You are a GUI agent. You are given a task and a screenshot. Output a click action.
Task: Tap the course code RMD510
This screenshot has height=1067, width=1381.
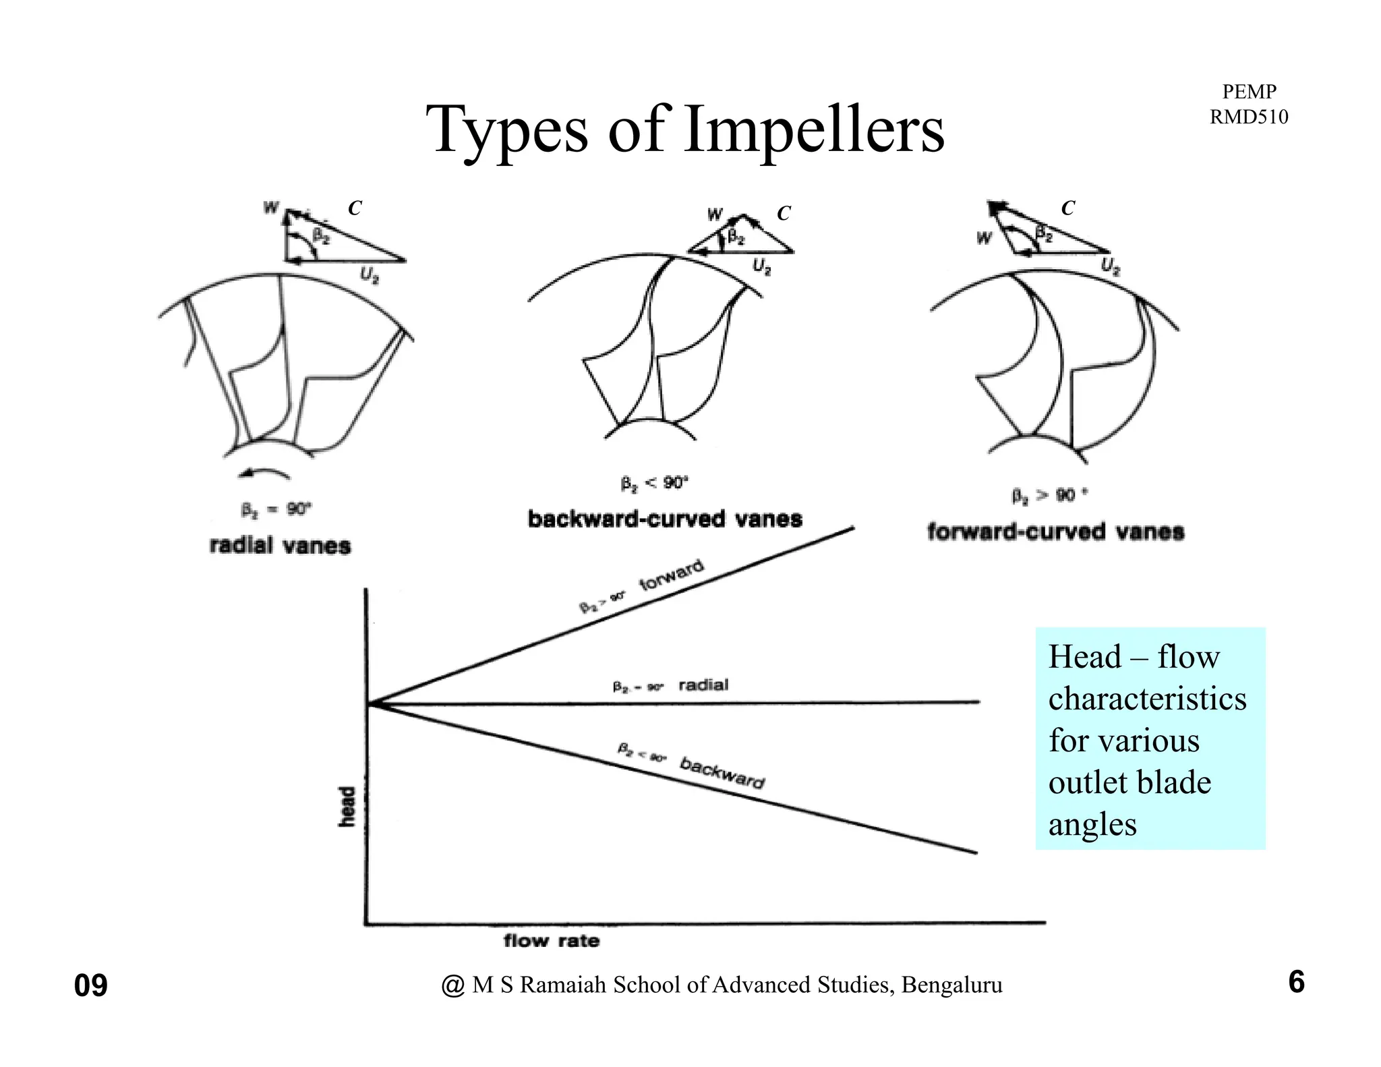[x=1248, y=117]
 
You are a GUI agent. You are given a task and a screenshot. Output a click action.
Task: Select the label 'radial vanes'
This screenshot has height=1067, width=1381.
[x=280, y=545]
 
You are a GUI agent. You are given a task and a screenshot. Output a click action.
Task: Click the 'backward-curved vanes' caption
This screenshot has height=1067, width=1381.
[x=665, y=519]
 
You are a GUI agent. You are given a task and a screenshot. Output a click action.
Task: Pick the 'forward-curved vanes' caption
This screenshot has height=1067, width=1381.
[x=1055, y=531]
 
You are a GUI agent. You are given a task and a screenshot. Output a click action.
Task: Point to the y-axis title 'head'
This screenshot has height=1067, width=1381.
[x=347, y=807]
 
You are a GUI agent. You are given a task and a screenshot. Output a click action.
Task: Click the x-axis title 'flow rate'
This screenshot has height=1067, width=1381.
[x=551, y=940]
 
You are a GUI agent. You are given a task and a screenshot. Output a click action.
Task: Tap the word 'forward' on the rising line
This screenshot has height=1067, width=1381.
[x=672, y=575]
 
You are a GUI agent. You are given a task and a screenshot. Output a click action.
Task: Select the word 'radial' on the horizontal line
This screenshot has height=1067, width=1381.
[x=703, y=685]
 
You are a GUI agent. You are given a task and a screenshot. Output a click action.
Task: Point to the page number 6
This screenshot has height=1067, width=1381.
[x=1296, y=982]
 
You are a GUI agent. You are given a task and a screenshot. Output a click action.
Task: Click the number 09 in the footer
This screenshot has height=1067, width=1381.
[x=90, y=986]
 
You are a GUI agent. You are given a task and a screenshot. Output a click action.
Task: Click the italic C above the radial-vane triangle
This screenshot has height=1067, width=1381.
[x=354, y=208]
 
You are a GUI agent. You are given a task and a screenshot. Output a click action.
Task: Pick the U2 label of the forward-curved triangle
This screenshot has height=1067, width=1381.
[x=1110, y=267]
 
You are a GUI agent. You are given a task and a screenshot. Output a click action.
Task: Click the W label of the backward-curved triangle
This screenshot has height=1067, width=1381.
[x=714, y=215]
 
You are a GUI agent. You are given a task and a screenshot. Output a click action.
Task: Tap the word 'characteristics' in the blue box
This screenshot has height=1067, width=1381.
[x=1147, y=699]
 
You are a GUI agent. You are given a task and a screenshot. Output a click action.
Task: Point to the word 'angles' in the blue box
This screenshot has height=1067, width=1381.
[x=1092, y=824]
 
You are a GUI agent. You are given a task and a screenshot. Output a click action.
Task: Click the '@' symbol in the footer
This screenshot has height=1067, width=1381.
[x=452, y=986]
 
